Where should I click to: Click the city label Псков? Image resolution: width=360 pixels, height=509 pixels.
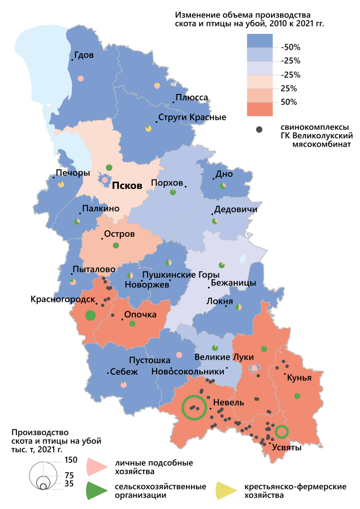click(x=127, y=185)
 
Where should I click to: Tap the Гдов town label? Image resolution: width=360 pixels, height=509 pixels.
click(x=84, y=55)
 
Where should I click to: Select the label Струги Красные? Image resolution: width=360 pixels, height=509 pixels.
click(x=192, y=118)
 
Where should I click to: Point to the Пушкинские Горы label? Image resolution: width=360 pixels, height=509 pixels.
click(x=180, y=274)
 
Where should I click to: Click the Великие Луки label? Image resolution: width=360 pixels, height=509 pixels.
click(x=224, y=357)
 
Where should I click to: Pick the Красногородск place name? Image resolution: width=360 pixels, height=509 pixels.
click(x=63, y=299)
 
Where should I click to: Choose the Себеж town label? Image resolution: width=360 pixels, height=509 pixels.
click(x=121, y=371)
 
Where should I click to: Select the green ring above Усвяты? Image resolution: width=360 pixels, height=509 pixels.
click(x=281, y=431)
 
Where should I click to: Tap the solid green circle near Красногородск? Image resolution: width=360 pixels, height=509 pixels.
click(x=90, y=315)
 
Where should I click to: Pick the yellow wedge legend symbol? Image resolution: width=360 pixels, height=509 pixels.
click(x=226, y=490)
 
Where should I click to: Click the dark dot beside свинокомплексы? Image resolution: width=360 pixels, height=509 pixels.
click(x=259, y=130)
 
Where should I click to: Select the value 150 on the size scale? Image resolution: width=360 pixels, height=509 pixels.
click(x=71, y=460)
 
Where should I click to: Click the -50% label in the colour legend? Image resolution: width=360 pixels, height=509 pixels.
click(x=290, y=47)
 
